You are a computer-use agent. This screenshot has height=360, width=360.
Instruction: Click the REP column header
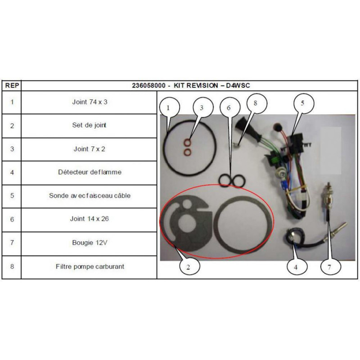click(x=12, y=85)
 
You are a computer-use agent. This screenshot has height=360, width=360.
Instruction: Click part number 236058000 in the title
click(x=148, y=85)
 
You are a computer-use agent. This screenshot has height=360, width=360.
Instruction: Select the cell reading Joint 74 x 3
click(x=90, y=102)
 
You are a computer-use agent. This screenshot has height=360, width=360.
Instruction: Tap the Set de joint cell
click(x=89, y=125)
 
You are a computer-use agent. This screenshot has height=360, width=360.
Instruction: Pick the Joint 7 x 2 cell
click(x=89, y=149)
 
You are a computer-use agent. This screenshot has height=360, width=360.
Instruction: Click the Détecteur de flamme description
click(x=90, y=172)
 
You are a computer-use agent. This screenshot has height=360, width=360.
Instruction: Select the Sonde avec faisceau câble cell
click(x=90, y=196)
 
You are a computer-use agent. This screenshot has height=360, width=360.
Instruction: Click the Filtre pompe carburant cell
click(x=90, y=266)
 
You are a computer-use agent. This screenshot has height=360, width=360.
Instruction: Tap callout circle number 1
click(x=170, y=108)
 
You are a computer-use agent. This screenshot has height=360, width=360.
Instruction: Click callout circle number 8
click(x=256, y=103)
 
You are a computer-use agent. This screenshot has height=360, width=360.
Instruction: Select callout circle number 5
click(x=303, y=103)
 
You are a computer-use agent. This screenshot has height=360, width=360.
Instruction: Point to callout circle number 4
click(x=297, y=266)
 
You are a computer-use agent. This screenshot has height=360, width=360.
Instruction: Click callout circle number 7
click(x=330, y=266)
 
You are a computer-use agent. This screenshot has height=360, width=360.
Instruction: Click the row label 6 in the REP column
click(x=12, y=219)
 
